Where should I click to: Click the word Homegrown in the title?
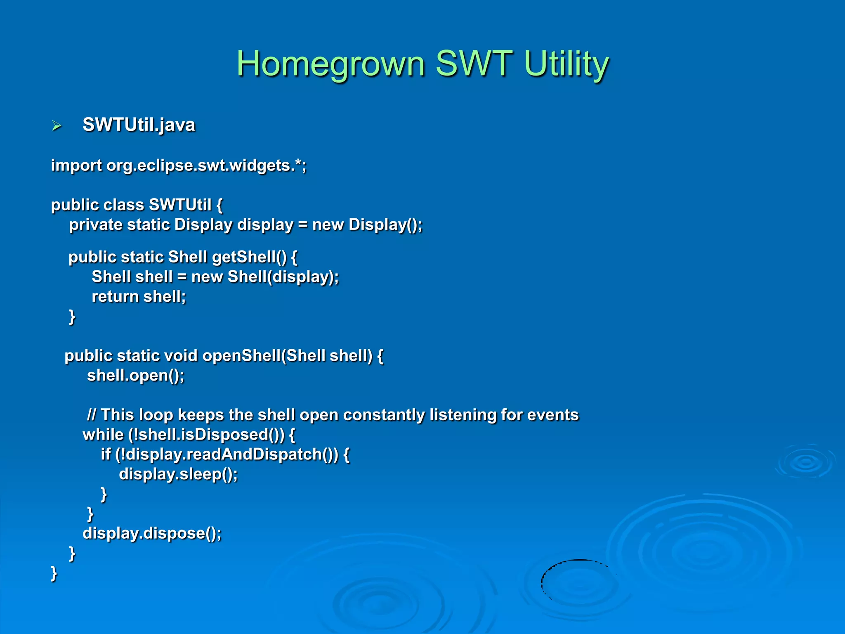[330, 64]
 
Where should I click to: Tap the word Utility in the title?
[566, 64]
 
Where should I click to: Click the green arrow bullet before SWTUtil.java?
[57, 125]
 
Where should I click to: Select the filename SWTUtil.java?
[139, 125]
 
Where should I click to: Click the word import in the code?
[76, 166]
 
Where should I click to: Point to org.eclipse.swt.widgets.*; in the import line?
[206, 166]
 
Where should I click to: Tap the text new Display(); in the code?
[367, 225]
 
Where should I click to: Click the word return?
[115, 296]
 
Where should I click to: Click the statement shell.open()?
[135, 375]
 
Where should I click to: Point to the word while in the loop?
[103, 434]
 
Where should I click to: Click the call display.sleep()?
[178, 474]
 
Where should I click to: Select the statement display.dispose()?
[152, 533]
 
